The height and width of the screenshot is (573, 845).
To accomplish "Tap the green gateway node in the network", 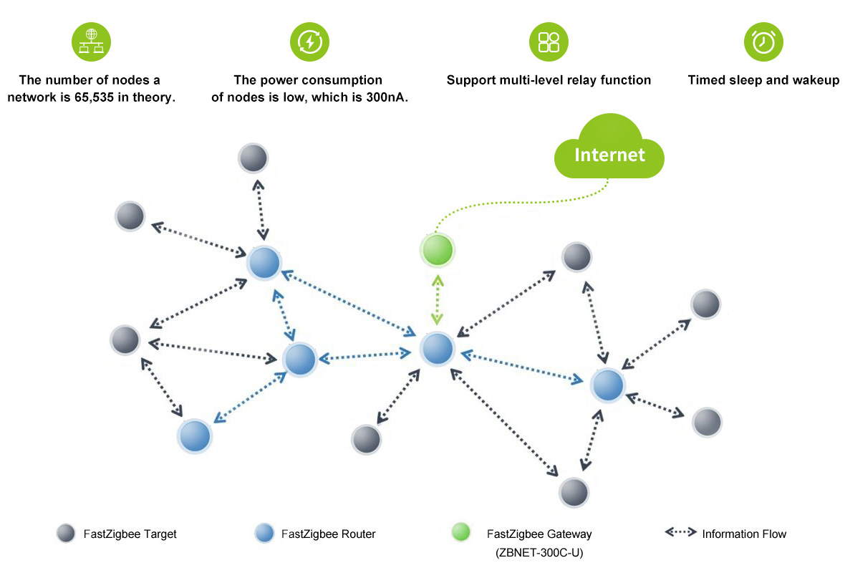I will coord(437,251).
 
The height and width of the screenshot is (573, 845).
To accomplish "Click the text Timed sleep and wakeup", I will coord(763,80).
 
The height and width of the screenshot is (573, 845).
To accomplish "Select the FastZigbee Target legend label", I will coord(130,534).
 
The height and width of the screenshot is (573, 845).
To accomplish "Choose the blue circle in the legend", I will coord(264,534).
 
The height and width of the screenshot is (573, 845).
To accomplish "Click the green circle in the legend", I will coord(460,533).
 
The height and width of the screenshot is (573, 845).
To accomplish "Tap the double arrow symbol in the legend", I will coord(680,533).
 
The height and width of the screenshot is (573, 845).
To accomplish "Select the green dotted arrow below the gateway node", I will coord(437,299).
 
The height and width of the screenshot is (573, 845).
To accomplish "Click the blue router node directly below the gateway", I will coord(437,349).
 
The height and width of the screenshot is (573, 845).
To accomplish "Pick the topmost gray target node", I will coord(253,158).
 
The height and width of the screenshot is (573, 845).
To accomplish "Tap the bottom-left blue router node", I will coord(194,435).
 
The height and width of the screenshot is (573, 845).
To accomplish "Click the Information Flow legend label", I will coord(744,534).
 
